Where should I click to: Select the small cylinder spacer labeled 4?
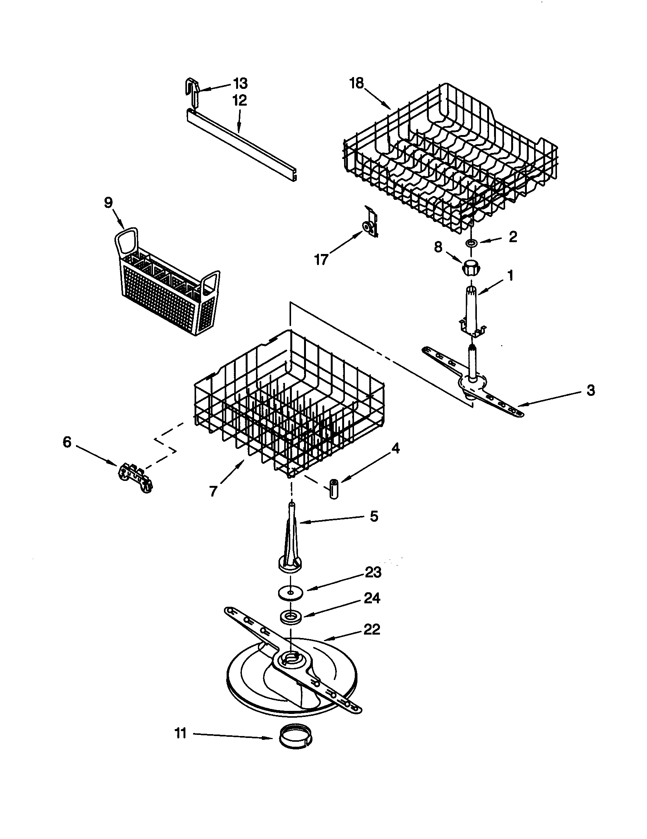333,489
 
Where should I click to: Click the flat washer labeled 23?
290,592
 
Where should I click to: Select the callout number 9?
109,203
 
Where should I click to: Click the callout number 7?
213,490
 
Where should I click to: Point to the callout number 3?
591,390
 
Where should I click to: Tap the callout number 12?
239,101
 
